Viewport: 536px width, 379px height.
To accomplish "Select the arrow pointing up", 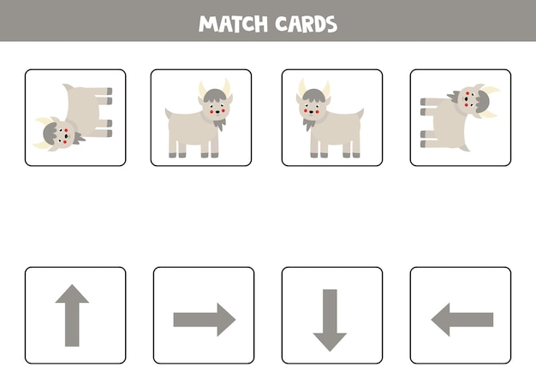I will (72, 315).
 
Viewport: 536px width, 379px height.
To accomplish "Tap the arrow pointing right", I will (204, 319).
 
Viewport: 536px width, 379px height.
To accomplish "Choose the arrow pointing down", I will (330, 319).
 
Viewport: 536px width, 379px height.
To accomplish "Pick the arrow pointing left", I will (462, 319).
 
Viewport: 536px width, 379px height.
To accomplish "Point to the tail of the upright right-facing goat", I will (168, 114).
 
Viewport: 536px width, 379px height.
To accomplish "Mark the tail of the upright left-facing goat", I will (360, 114).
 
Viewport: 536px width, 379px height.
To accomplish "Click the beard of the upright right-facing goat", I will (219, 124).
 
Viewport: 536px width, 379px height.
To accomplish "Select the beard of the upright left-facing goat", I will (309, 125).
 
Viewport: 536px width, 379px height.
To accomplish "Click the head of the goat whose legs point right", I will (61, 133).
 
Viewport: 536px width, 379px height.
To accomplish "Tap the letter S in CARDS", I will (331, 23).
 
